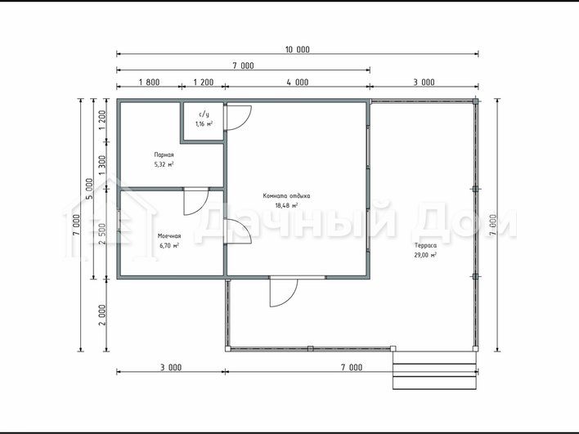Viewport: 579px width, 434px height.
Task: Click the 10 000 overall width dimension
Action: (297, 50)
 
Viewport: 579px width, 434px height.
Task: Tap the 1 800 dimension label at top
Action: (149, 82)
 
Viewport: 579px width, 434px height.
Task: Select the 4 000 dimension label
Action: (297, 82)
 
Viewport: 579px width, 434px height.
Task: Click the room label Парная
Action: (164, 155)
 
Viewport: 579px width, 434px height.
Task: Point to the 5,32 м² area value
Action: (164, 164)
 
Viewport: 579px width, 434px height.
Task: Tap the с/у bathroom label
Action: (204, 114)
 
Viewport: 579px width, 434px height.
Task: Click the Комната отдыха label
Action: (286, 196)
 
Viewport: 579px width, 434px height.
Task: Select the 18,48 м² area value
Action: (286, 206)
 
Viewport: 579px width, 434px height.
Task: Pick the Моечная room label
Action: (169, 236)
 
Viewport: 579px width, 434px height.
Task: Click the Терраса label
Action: (425, 245)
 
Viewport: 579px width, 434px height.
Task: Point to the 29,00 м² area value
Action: (425, 255)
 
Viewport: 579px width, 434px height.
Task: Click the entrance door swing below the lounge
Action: (284, 293)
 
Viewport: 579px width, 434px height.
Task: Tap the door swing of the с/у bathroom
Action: (239, 118)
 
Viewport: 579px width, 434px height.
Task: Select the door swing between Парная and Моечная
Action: (196, 203)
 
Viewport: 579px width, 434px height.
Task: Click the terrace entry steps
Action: (435, 370)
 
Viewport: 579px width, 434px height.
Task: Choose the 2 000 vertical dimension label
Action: (102, 315)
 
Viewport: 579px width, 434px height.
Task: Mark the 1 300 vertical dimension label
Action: (102, 165)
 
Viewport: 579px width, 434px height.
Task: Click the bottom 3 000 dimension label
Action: (171, 368)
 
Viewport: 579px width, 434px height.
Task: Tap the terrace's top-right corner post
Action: (476, 101)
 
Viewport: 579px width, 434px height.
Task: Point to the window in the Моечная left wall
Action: (119, 221)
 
